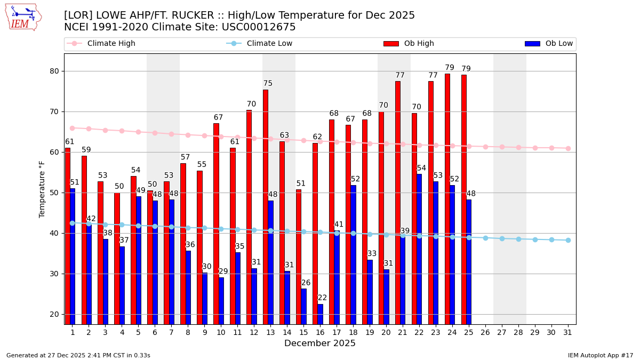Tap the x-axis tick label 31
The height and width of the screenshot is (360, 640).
point(568,332)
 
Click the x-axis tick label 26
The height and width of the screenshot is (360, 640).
point(485,332)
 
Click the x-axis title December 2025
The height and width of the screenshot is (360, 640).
point(320,343)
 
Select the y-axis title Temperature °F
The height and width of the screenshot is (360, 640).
point(43,189)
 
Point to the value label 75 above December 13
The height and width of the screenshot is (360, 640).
point(268,84)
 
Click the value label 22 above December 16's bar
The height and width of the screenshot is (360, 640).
point(323,298)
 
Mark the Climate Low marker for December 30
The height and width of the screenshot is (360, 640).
point(551,240)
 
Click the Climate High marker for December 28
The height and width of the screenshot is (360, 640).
point(518,147)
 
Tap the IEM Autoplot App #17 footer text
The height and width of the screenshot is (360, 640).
point(600,355)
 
